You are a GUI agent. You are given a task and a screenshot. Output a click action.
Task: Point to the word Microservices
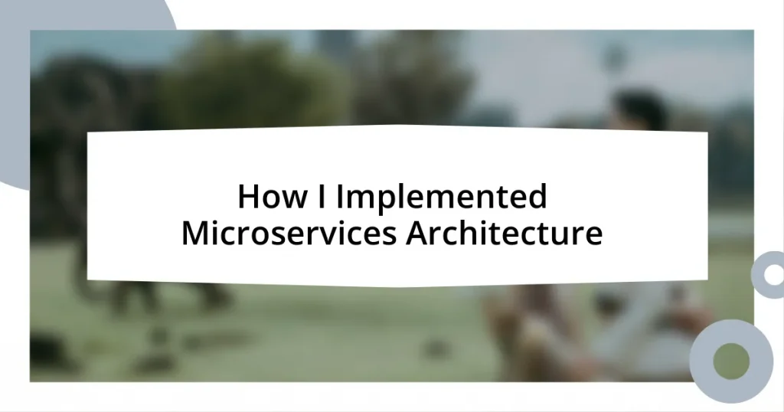[288, 234]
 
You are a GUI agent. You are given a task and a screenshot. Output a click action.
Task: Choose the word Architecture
[504, 234]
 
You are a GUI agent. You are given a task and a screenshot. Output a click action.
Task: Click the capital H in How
[247, 198]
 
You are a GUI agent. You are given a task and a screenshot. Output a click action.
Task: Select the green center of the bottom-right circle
[731, 361]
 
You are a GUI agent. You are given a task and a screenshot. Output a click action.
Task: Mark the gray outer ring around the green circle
[704, 361]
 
